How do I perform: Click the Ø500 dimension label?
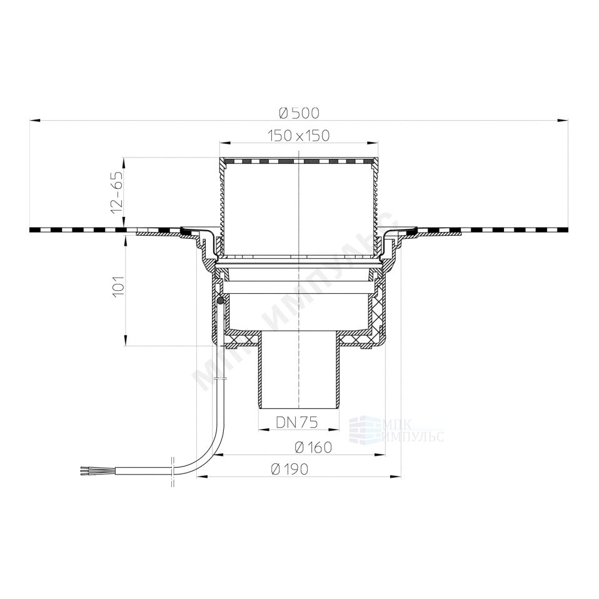click(299, 113)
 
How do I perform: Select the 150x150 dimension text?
click(298, 136)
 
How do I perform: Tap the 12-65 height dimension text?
click(118, 192)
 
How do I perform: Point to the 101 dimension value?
click(118, 285)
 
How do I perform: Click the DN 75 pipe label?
click(297, 422)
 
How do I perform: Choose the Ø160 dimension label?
click(313, 447)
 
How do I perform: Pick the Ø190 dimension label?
click(289, 469)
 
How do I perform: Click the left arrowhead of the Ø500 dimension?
click(35, 121)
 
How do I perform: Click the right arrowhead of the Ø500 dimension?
click(563, 121)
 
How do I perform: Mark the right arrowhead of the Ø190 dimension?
click(396, 476)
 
